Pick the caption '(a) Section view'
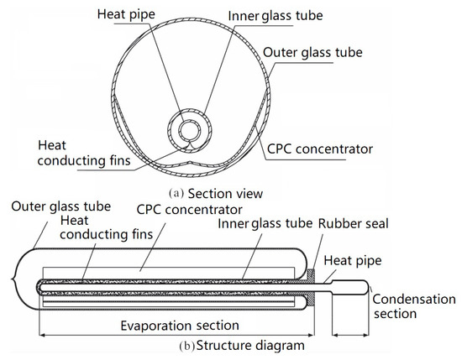pos(216,194)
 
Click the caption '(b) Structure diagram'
pos(228,344)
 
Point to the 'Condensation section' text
pos(406,305)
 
